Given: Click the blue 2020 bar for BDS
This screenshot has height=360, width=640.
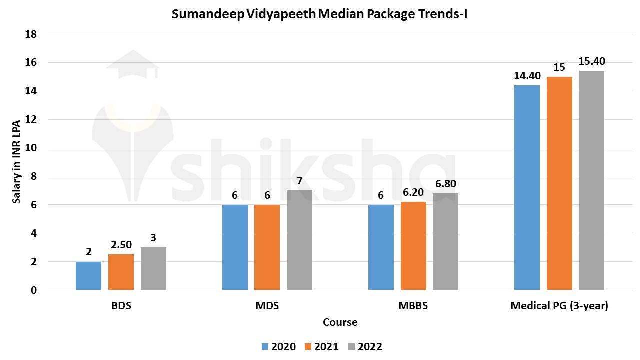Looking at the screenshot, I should tap(88, 276).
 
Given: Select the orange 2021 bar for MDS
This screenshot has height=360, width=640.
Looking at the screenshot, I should tap(267, 247).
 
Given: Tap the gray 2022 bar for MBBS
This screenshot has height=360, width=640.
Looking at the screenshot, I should tap(445, 241).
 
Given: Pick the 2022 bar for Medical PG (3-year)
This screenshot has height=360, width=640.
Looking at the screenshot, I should tap(591, 180).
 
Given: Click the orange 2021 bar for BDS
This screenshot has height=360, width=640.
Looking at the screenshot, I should tap(121, 272).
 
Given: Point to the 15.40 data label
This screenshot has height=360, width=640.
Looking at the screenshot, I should tap(591, 61).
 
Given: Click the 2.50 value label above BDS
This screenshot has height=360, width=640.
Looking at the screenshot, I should tap(121, 245).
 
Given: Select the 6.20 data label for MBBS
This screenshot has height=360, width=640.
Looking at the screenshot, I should tap(413, 192).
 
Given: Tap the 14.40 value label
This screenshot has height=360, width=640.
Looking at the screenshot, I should tap(527, 76).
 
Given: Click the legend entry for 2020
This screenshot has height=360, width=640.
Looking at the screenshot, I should tap(278, 347).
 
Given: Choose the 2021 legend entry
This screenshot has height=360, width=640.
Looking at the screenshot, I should tap(321, 347).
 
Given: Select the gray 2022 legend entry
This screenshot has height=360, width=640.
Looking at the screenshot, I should tap(365, 347).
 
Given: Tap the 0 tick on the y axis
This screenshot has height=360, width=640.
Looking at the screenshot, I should tap(34, 290).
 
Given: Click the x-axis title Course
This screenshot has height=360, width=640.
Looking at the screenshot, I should tap(340, 322).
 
